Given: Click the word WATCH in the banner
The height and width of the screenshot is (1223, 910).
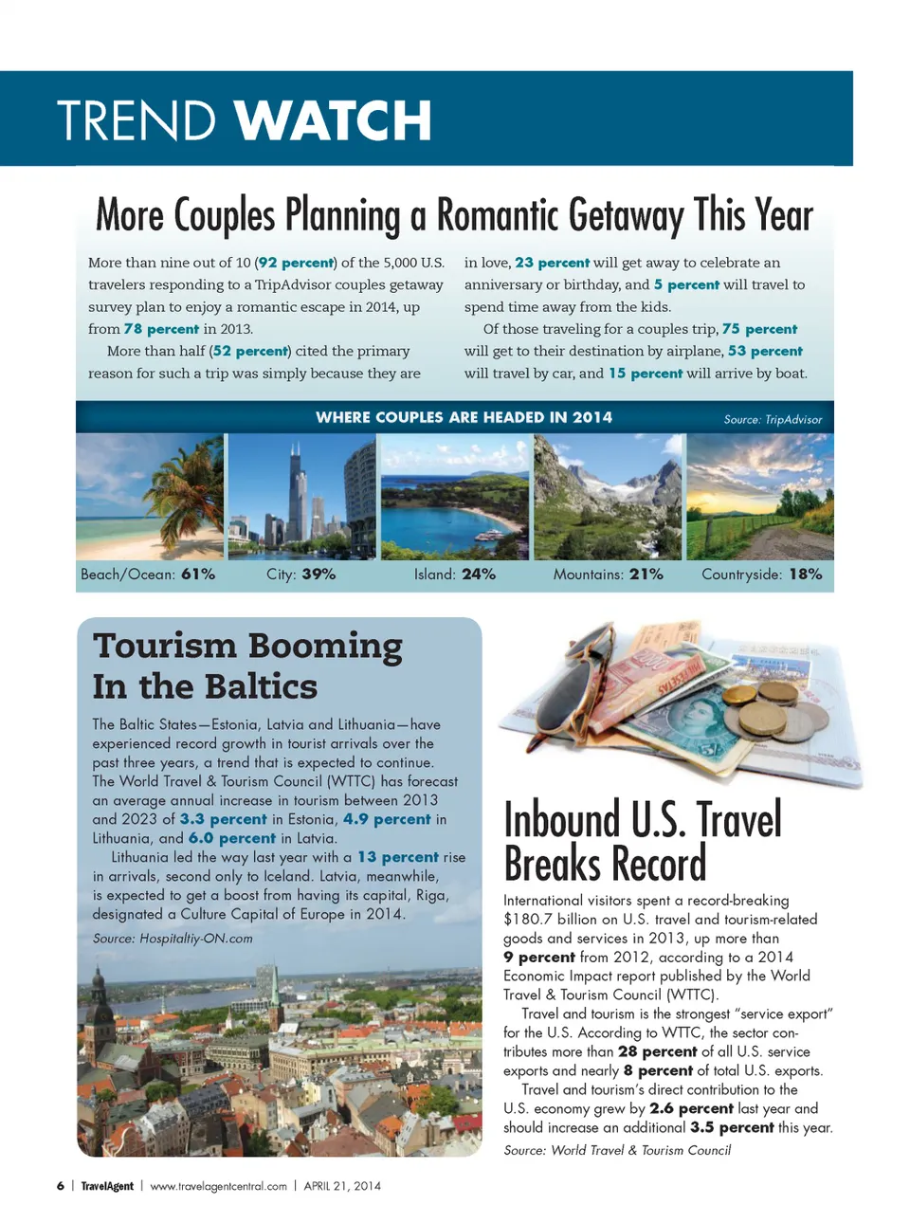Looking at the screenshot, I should pos(333,120).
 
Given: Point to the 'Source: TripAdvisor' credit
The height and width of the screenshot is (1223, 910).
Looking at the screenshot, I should pos(773,419).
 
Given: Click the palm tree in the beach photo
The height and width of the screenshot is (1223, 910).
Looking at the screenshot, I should pos(190,484).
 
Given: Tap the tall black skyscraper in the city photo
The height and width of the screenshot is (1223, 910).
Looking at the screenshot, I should pos(297,493).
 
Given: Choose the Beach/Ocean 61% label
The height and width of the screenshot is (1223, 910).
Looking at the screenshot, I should pos(148,575).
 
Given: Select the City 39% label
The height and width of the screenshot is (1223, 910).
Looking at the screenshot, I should pos(300,575).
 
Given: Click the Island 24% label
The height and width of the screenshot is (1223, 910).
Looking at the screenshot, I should pos(454,575).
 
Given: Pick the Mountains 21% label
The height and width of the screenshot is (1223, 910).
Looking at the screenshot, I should pos(608,575).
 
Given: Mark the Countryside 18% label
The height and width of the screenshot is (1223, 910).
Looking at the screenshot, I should pos(761,575).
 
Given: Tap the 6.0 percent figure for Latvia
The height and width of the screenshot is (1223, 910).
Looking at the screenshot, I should pos(232,838).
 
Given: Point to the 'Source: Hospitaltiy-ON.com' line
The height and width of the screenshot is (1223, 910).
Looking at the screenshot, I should pos(173,939).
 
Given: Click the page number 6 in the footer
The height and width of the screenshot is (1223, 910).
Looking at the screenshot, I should pos(61,1186).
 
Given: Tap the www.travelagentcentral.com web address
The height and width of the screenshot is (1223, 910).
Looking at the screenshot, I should pos(218,1186).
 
